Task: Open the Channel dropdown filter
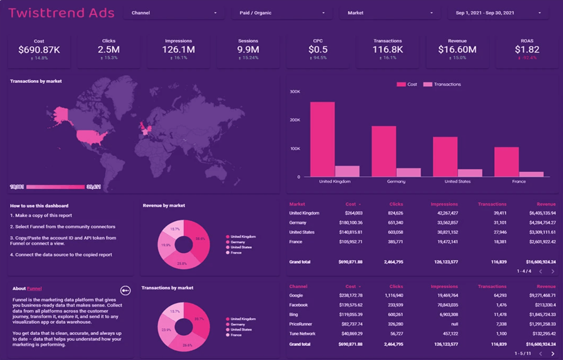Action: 173,13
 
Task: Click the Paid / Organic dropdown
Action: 281,13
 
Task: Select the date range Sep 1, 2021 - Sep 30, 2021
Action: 498,13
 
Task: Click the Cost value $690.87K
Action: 39,50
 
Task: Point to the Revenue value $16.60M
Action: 457,50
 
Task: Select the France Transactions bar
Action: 531,174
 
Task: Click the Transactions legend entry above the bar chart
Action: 447,85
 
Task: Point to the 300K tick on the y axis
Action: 295,91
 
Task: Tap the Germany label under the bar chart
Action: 396,182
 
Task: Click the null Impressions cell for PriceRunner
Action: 453,324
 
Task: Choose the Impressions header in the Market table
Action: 444,204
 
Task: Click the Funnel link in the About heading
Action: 34,288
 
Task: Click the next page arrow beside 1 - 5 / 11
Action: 553,354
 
